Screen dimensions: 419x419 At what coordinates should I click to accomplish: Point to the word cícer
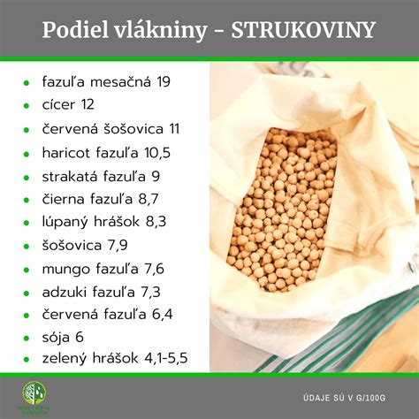pos(59,105)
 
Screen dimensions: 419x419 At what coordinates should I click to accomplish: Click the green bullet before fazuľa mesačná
pos(28,83)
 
